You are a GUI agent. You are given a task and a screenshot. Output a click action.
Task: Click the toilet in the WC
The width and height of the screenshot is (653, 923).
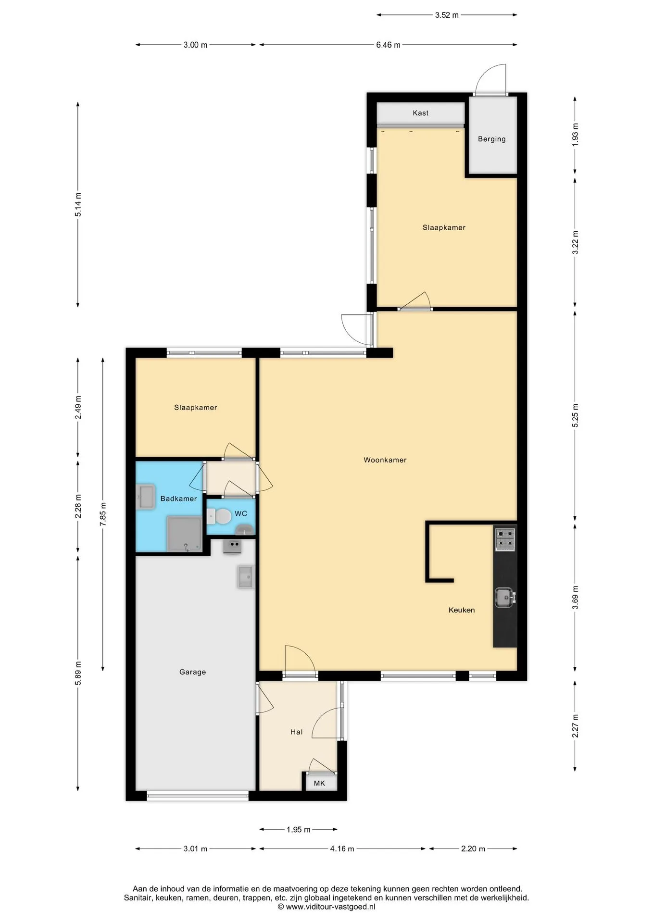pos(220,516)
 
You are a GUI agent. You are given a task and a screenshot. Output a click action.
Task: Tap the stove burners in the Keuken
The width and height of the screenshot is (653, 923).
pos(505,539)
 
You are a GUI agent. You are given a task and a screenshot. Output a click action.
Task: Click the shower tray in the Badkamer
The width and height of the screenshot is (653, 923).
pos(184,534)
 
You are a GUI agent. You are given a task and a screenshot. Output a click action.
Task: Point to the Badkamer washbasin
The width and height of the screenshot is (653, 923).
pos(146,497)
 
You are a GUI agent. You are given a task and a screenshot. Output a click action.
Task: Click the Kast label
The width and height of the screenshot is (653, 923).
pos(420,113)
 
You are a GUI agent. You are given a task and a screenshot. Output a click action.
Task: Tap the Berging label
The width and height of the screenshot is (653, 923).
pos(491,139)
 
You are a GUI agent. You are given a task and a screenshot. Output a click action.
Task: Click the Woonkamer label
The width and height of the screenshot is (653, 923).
pos(385,460)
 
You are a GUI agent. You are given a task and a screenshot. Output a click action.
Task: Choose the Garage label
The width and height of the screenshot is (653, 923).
pos(192,672)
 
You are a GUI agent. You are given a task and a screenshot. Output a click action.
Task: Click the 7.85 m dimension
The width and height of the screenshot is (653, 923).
pos(103,514)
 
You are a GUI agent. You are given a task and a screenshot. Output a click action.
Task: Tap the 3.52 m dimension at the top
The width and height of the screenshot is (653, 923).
pos(447,15)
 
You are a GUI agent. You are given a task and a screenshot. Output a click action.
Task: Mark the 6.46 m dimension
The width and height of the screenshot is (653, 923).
pos(388,45)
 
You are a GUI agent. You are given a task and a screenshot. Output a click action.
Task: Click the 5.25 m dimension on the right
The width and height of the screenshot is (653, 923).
pos(575,415)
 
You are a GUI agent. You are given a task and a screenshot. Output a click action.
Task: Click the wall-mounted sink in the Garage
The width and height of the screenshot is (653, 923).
pos(245,576)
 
